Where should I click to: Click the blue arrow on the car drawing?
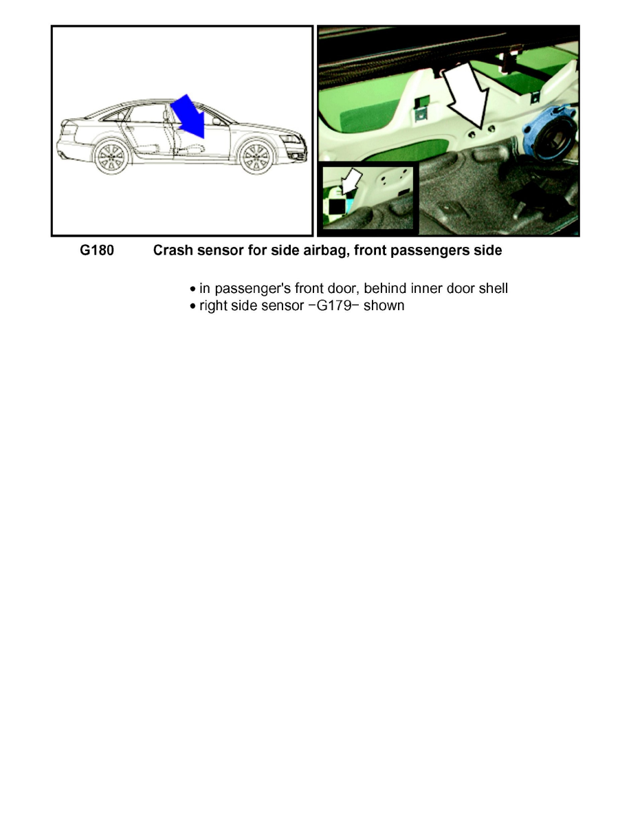click(188, 116)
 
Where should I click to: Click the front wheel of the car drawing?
click(256, 157)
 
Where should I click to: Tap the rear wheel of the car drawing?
click(110, 157)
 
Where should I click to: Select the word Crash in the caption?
click(172, 251)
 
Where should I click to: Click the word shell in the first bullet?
click(494, 288)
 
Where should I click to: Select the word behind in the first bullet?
click(387, 288)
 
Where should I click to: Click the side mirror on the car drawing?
click(217, 120)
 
